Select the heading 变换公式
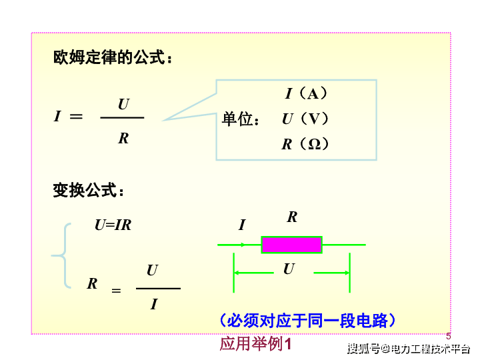(x=88, y=191)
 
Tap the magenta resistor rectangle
(x=291, y=245)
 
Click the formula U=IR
(x=113, y=225)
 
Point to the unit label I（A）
(x=307, y=93)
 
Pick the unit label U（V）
(x=305, y=119)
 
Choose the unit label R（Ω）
(x=305, y=144)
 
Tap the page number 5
(x=448, y=337)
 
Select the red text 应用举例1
(x=256, y=344)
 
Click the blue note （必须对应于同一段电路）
(x=307, y=321)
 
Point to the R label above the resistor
(x=292, y=217)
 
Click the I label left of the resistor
(x=242, y=225)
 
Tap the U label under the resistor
(x=288, y=269)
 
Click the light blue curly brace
(x=61, y=255)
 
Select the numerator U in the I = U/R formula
(x=123, y=105)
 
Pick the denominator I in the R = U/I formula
(x=154, y=305)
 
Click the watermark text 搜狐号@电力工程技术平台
(x=408, y=348)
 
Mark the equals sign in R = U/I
(x=116, y=291)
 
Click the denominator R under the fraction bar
(x=123, y=139)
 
